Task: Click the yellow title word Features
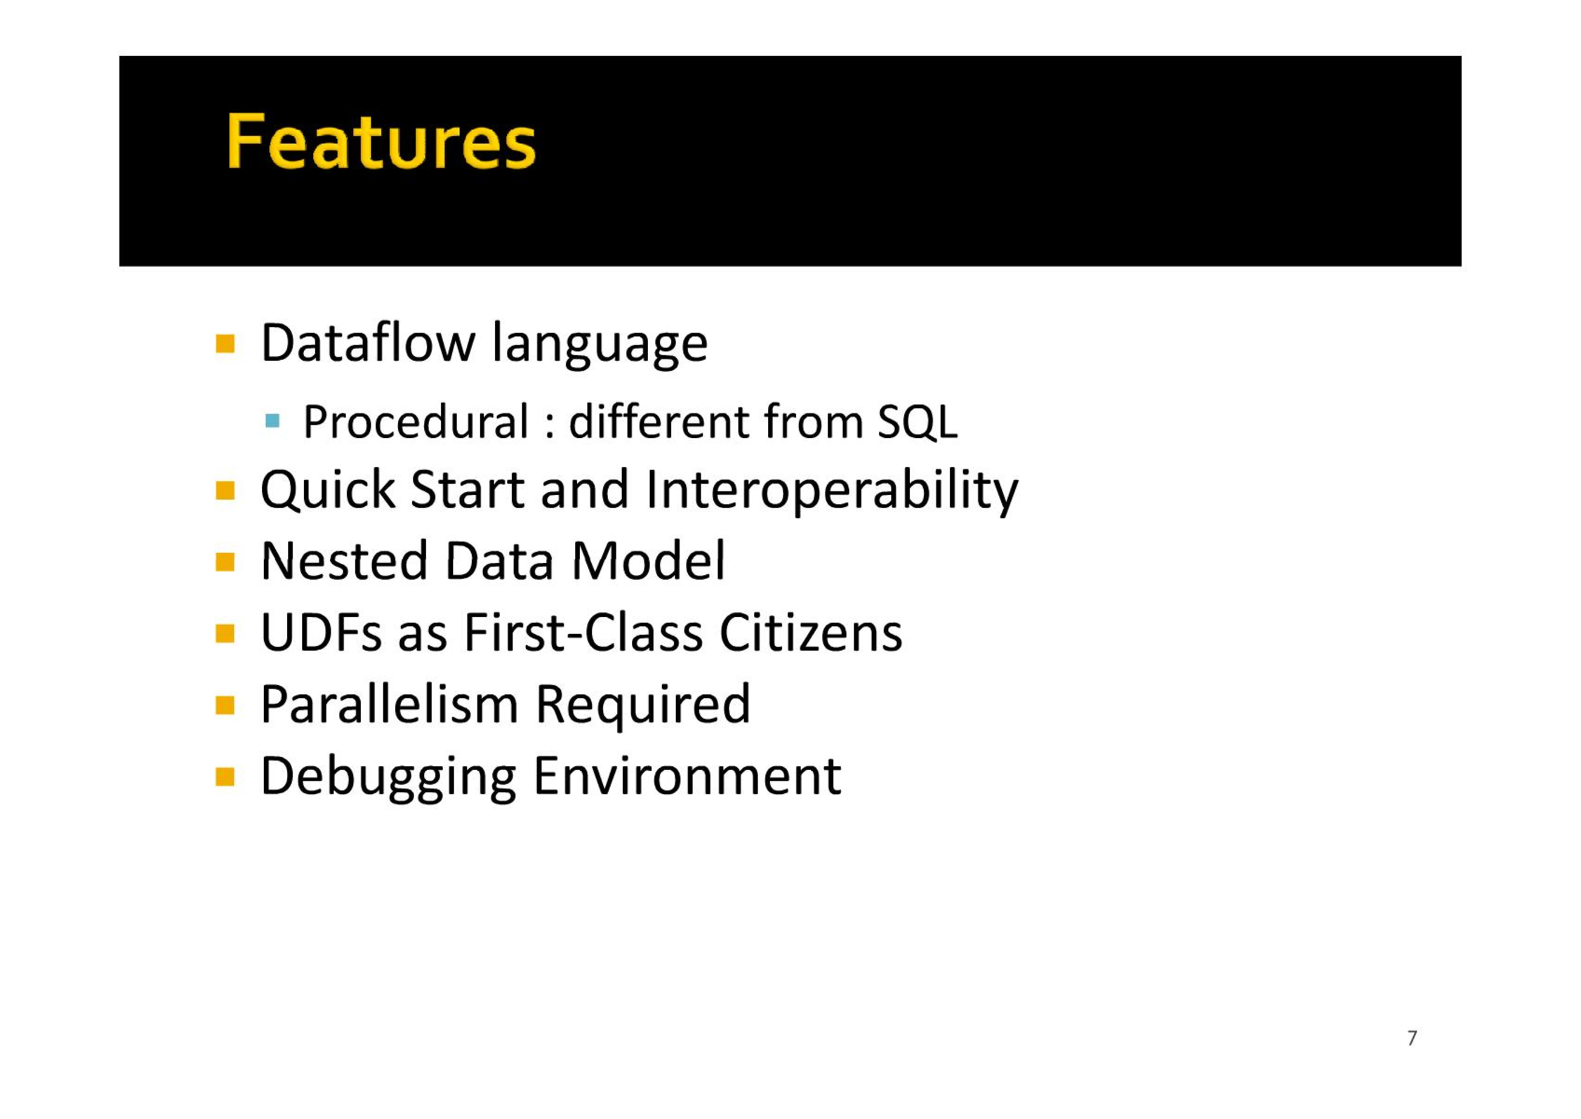(x=381, y=142)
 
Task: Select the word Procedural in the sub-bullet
(x=416, y=423)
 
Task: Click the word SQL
(x=918, y=423)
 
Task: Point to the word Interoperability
(x=832, y=490)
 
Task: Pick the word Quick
(x=328, y=490)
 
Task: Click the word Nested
(x=344, y=562)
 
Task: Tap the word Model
(x=648, y=562)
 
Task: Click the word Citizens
(x=811, y=633)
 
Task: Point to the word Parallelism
(x=390, y=705)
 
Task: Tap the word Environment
(x=687, y=776)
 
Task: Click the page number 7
(x=1413, y=1038)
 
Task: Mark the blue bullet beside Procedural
(x=273, y=421)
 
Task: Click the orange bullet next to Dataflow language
(x=225, y=344)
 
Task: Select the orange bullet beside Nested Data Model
(x=225, y=562)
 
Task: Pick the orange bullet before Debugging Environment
(x=225, y=777)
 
